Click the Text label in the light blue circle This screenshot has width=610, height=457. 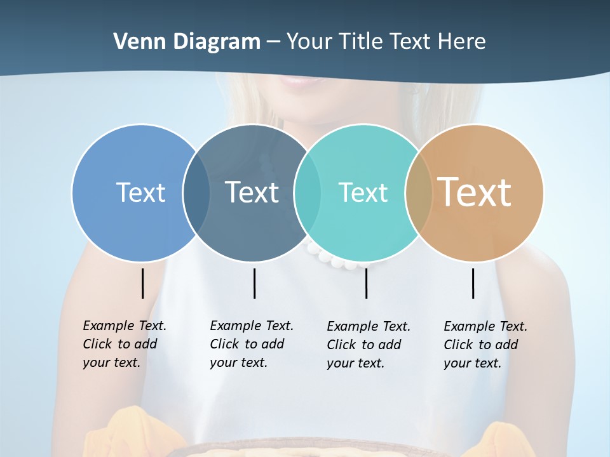tap(140, 192)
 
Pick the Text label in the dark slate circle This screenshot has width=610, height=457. tap(252, 192)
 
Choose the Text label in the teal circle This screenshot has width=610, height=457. tap(363, 192)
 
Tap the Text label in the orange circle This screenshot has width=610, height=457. tap(475, 192)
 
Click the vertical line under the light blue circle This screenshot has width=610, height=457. tap(142, 283)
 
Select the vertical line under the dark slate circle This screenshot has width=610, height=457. tap(254, 283)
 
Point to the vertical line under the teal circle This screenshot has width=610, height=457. tap(366, 283)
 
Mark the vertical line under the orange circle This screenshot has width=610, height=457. tap(473, 283)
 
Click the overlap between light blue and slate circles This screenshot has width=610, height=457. tap(196, 192)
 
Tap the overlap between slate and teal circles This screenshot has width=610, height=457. tap(308, 192)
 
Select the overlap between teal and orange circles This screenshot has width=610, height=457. tap(419, 192)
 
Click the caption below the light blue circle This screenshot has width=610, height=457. tap(125, 344)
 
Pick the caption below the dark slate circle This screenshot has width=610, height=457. tap(252, 344)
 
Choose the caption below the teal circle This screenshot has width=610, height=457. tap(369, 345)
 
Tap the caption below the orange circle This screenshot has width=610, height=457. tap(485, 345)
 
